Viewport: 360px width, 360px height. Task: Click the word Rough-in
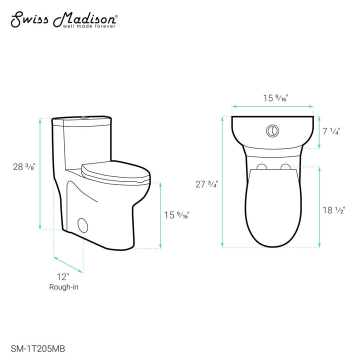point(63,287)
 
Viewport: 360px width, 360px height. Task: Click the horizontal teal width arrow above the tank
point(272,106)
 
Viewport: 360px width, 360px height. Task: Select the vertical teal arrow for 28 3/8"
point(40,174)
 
